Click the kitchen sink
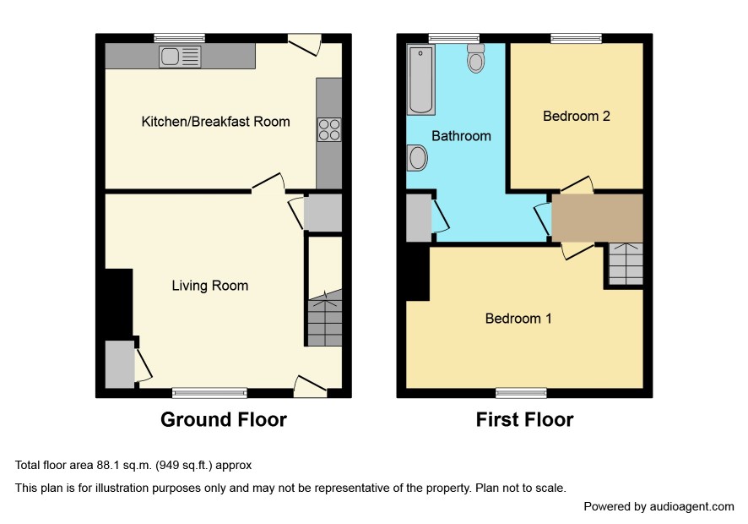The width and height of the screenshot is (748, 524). [180, 57]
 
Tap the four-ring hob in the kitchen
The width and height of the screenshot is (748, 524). [329, 129]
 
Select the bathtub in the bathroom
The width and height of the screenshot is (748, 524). [420, 80]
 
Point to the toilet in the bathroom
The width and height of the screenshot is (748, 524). [475, 58]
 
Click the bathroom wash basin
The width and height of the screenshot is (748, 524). [417, 157]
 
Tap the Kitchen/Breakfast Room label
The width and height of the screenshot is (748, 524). [215, 122]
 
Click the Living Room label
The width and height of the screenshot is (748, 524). [210, 286]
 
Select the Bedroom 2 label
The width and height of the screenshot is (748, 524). [577, 116]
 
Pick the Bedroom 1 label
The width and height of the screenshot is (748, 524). [518, 319]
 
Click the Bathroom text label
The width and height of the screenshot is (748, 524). [461, 136]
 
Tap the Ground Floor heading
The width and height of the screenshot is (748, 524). [224, 419]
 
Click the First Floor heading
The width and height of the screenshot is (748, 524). [525, 419]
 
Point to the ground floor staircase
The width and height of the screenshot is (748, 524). [325, 318]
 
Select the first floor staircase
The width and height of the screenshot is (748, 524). [626, 265]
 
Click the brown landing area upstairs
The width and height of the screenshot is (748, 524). [597, 218]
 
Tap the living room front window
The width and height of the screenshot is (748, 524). [210, 393]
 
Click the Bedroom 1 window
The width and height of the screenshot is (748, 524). [521, 393]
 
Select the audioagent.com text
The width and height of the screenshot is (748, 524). [691, 507]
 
